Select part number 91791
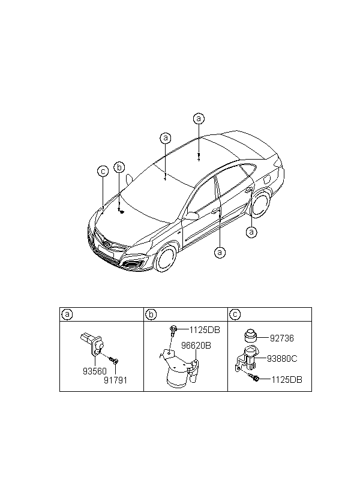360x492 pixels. tap(116, 380)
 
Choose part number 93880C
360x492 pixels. tap(281, 359)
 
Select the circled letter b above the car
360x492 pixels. tap(119, 167)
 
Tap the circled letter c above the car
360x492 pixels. tap(103, 172)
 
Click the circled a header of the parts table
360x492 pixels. tap(67, 314)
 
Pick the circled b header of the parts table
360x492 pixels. tap(151, 314)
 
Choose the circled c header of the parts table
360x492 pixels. tap(235, 314)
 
